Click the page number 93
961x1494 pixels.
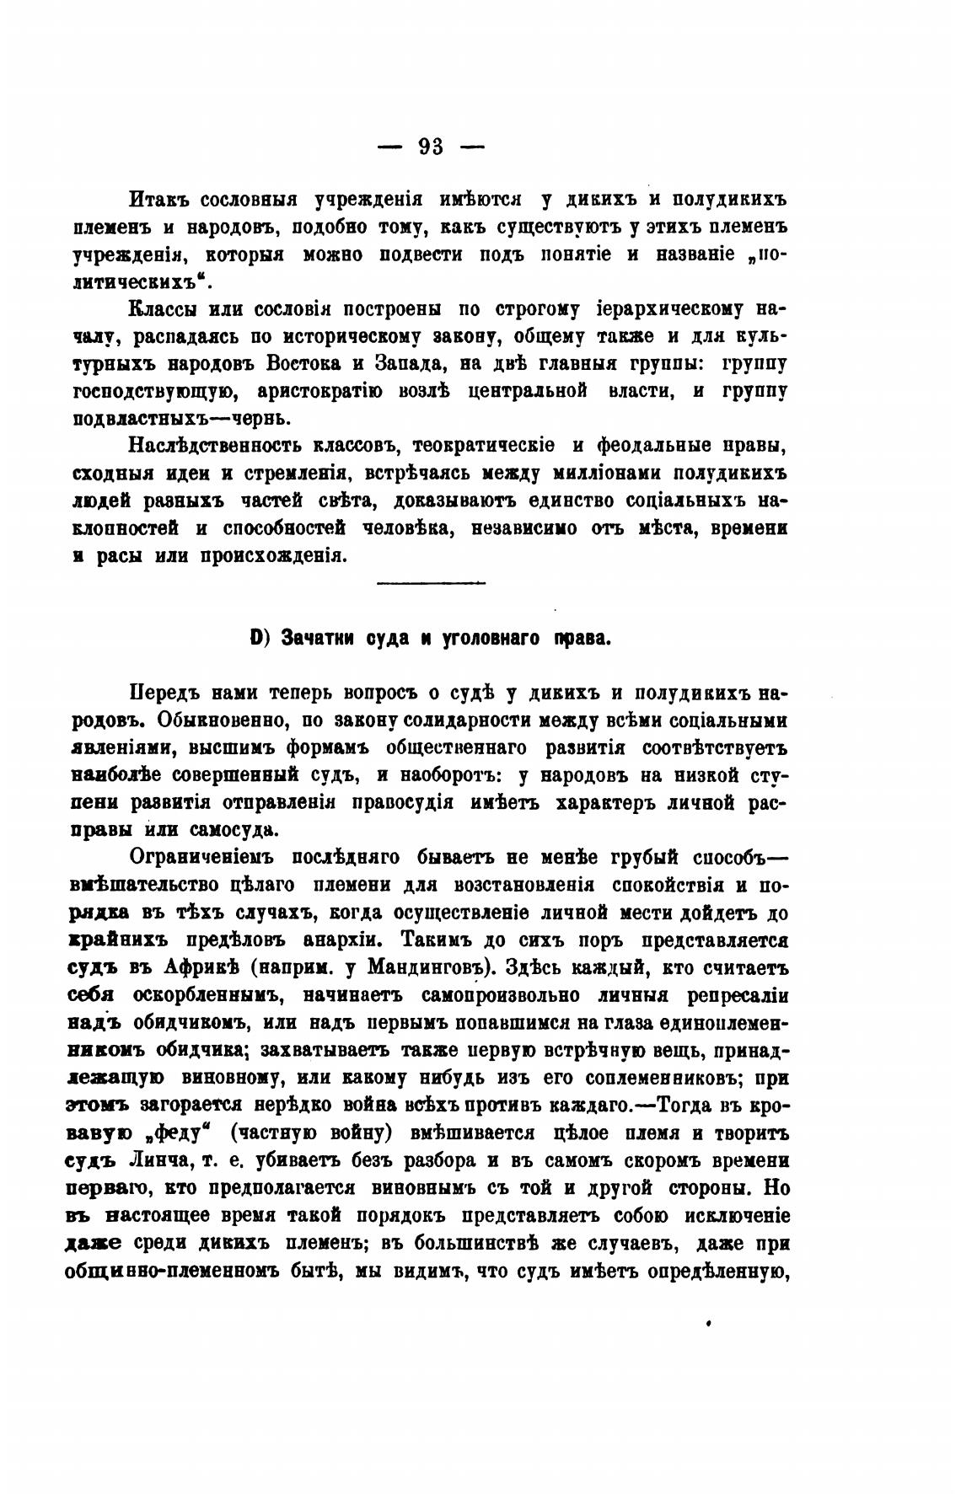[x=430, y=147]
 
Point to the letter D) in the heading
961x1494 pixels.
[x=259, y=638]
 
